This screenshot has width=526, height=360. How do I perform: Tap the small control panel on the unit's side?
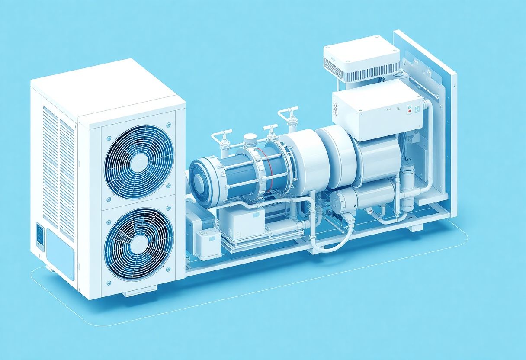tap(40, 235)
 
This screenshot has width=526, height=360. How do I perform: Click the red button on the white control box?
tap(409, 111)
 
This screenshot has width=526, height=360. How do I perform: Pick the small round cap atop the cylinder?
tap(250, 138)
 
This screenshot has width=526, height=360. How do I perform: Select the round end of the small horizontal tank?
tap(338, 202)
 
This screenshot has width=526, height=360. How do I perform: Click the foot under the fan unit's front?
tap(132, 293)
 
